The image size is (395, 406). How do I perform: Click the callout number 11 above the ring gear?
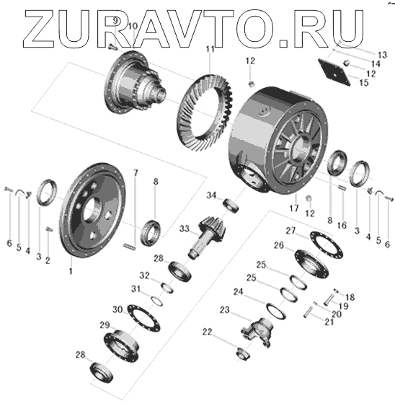point(210,49)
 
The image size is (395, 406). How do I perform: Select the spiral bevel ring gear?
point(205,113)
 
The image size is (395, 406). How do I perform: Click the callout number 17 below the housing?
point(294,208)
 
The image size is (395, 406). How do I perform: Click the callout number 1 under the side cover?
point(71,271)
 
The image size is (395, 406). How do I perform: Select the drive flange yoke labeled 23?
point(257,332)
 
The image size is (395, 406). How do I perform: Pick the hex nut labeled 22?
point(242,354)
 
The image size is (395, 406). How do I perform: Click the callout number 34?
point(211,195)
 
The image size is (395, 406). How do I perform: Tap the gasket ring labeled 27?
point(327,244)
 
